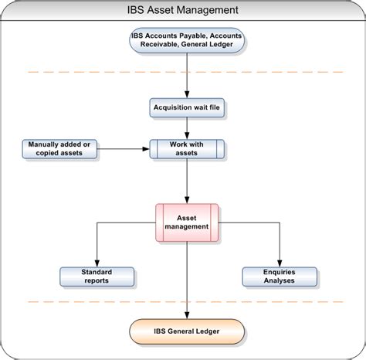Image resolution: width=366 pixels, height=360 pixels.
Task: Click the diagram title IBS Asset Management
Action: pos(183,10)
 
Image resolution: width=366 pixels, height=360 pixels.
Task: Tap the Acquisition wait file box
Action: pos(187,108)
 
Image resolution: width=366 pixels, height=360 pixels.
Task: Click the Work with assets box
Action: pos(187,148)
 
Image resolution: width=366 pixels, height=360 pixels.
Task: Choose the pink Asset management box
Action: pos(187,222)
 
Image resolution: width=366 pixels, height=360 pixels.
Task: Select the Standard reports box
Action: pos(97,276)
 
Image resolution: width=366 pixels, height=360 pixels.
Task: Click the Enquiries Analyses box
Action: pos(280,276)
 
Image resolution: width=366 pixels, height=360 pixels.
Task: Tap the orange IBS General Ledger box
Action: pos(187,331)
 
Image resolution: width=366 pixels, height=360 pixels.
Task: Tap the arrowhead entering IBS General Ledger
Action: pos(187,317)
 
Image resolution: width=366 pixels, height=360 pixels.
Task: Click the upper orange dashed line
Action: pos(77,73)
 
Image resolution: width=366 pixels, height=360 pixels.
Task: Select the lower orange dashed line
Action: pos(77,302)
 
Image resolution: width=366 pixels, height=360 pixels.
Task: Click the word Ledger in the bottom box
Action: pos(205,331)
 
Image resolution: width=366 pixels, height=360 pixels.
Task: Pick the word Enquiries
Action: pos(280,271)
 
